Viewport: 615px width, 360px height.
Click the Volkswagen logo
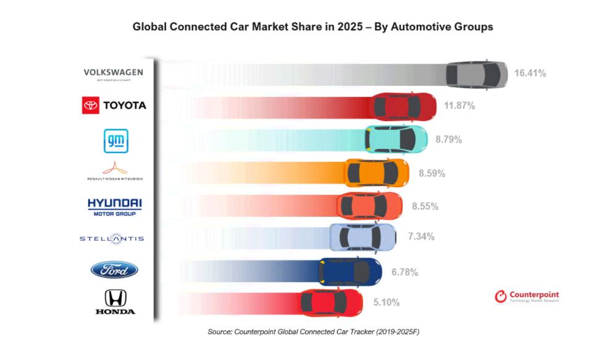tap(113, 73)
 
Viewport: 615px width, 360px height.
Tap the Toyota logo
tap(114, 106)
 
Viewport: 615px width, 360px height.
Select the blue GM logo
tap(114, 141)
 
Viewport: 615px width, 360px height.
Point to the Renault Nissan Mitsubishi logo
tap(114, 171)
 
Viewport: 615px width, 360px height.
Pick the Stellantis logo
tap(112, 238)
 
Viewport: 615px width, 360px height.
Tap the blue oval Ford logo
tap(114, 270)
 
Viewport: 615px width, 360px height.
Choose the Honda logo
tap(115, 303)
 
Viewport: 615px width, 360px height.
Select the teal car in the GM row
tap(396, 139)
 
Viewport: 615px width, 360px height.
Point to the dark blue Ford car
tap(350, 270)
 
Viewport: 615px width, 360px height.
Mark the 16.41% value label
tap(530, 73)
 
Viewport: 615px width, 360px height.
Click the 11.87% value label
tap(459, 106)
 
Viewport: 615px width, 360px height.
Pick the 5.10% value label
tap(387, 303)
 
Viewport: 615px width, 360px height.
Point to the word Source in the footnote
tap(220, 332)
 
